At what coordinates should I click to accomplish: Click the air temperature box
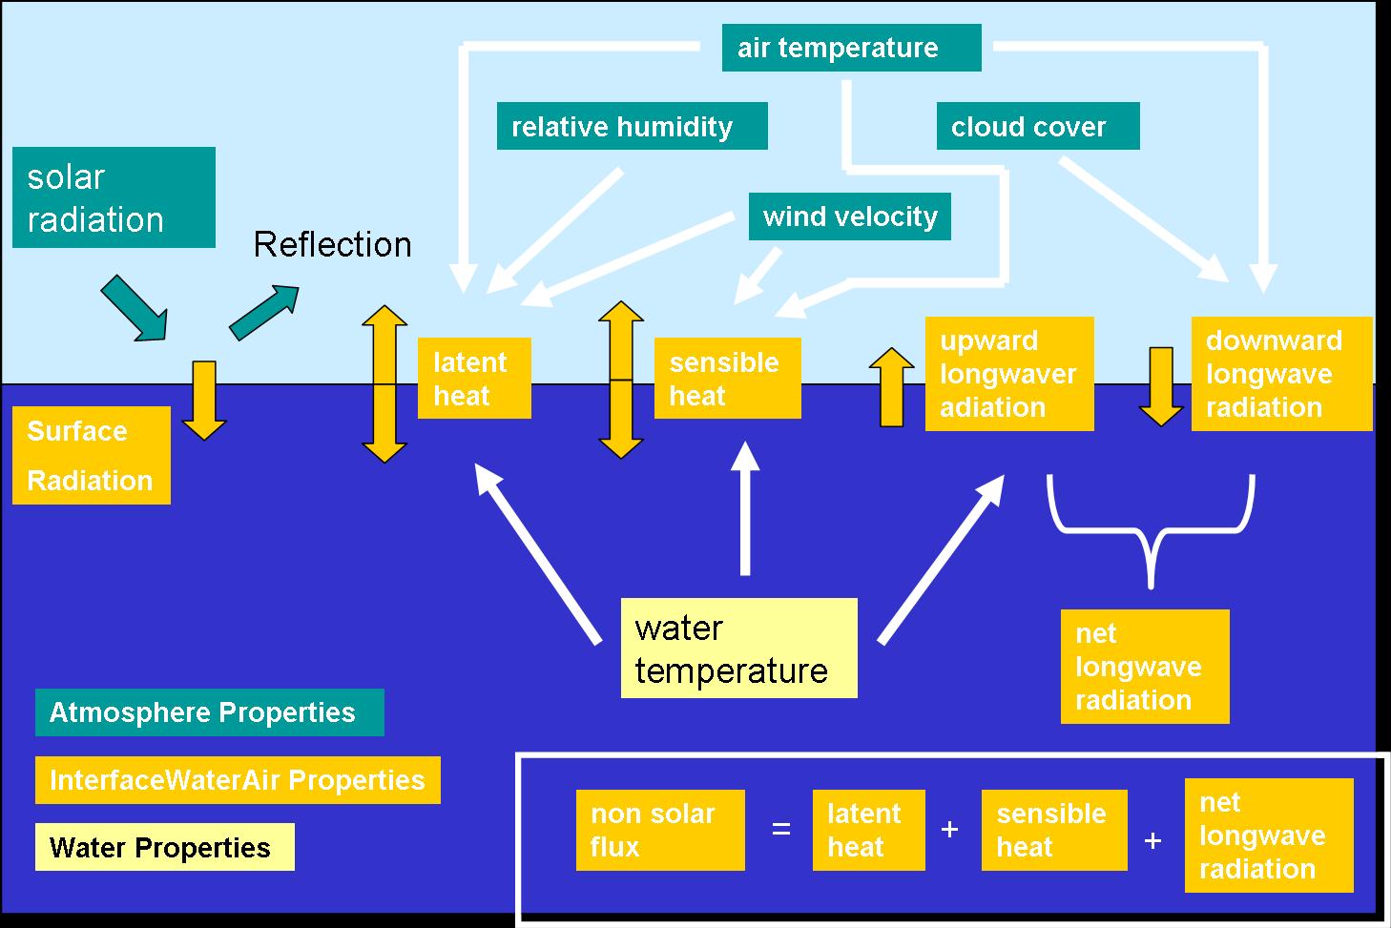pos(851,48)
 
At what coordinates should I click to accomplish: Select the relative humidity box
pos(632,127)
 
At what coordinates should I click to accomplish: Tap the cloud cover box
pos(1037,127)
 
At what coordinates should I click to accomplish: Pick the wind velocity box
pos(849,217)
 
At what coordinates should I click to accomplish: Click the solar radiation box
pos(114,197)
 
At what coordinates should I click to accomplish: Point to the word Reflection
pos(332,245)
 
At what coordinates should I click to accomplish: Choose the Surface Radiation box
pos(91,455)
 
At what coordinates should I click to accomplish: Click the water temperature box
pos(738,649)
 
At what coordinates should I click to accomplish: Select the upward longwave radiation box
pos(1008,374)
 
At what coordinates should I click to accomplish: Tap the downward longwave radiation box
pos(1281,374)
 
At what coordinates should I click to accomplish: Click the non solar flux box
pos(659,830)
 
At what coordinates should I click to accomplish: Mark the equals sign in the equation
pos(781,830)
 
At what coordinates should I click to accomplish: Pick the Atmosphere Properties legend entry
pos(209,712)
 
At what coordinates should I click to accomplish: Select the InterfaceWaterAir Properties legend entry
pos(237,780)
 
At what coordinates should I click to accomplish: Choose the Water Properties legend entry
pos(164,847)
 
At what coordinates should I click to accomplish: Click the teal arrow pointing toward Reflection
pos(264,311)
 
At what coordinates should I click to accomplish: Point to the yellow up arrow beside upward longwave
pos(891,387)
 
